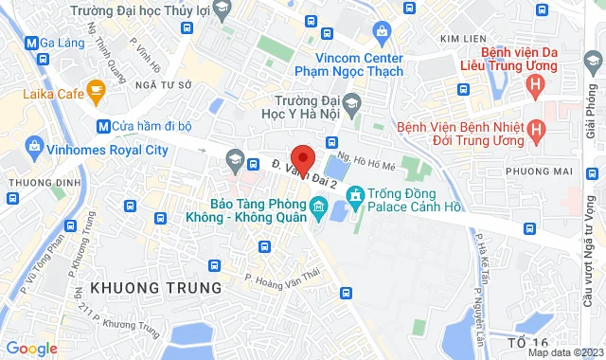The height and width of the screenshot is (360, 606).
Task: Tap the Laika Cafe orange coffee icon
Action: click(96, 90)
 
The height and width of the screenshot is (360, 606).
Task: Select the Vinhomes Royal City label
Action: click(107, 149)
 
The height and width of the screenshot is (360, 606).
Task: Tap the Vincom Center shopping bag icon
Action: click(382, 32)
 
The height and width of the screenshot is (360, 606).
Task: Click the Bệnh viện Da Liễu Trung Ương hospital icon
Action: click(537, 87)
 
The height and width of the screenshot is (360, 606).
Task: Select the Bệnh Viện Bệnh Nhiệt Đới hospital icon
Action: click(537, 127)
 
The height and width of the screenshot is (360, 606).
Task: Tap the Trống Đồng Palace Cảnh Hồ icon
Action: click(356, 198)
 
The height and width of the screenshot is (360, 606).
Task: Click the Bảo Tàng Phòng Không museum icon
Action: click(318, 206)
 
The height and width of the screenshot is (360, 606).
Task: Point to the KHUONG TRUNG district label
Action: click(156, 286)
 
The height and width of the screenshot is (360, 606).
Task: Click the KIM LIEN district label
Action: click(463, 38)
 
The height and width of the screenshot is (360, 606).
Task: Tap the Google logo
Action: click(30, 349)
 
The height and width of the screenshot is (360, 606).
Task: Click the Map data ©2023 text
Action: click(563, 352)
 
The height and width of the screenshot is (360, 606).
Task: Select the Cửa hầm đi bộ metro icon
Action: click(102, 126)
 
